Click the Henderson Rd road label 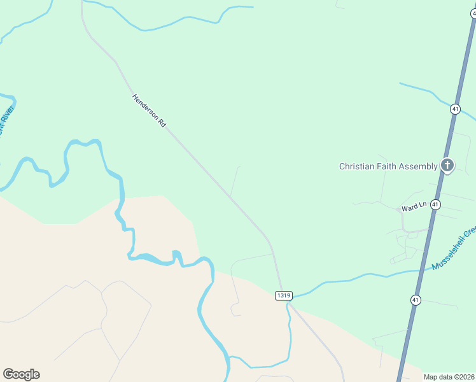coord(149,111)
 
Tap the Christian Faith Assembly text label coord(388,167)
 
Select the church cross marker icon coord(447,166)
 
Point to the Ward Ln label coord(412,208)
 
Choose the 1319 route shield coord(284,295)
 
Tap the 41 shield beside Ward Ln coord(435,204)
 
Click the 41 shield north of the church coord(455,109)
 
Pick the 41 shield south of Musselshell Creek coord(416,300)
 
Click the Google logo coord(21,374)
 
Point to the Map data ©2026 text coord(449,377)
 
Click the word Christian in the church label coord(358,167)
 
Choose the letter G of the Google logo coord(8,374)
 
